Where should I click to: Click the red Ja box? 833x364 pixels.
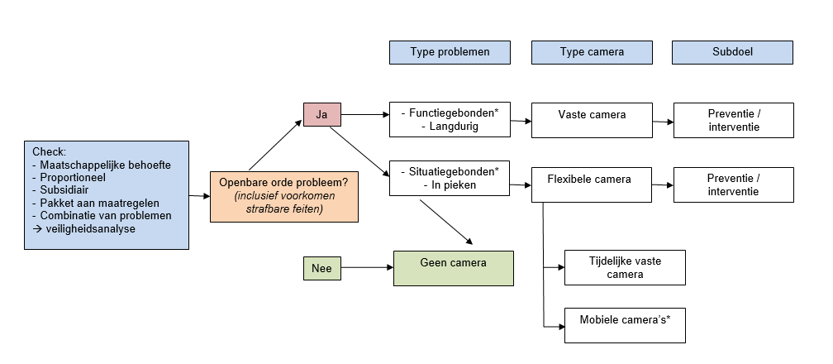point(321,115)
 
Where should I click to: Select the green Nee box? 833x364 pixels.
point(321,268)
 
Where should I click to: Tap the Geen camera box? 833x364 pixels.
point(453,268)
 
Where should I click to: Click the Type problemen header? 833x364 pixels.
point(450,52)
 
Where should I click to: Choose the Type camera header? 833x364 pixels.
point(591,52)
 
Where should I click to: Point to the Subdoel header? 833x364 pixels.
point(732,52)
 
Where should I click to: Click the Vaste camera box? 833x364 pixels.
point(591,121)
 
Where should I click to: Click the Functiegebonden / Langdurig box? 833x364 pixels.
point(450,120)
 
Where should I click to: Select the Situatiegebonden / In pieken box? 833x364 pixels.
point(450,179)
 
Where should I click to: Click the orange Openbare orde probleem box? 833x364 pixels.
point(283,196)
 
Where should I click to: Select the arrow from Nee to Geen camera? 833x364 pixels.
point(367,268)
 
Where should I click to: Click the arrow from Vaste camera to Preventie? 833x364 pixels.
point(662,122)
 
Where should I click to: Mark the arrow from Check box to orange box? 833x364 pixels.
point(198,197)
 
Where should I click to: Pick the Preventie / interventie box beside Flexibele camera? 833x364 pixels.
point(733,184)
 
